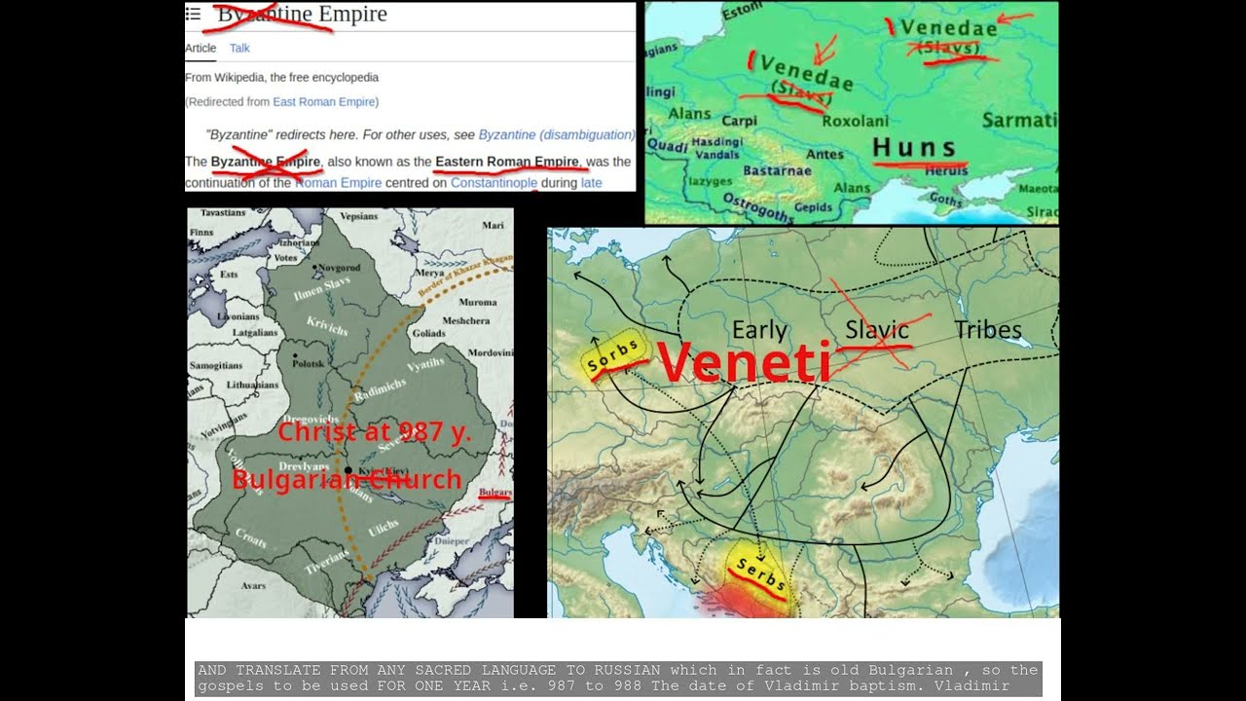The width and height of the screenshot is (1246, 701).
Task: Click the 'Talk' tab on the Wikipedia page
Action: point(239,48)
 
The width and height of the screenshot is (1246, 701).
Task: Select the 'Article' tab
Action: point(201,48)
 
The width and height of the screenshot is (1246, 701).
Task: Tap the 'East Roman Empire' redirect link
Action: point(325,101)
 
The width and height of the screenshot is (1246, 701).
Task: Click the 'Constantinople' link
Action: point(494,182)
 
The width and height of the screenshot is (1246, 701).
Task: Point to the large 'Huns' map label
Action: point(914,148)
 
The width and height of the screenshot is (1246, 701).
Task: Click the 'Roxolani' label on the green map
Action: point(856,122)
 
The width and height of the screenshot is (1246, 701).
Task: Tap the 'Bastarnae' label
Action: point(778,170)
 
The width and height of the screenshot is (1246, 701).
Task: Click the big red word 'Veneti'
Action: point(744,361)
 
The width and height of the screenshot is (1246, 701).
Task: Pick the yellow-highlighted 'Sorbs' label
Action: point(613,357)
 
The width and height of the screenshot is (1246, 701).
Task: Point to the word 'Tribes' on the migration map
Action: point(987,330)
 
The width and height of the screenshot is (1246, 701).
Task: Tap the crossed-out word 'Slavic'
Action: point(876,330)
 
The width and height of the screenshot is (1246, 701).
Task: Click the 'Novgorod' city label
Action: point(341,266)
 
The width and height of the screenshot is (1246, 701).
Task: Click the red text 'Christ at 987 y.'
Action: point(374,431)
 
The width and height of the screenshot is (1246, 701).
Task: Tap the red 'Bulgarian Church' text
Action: point(347,479)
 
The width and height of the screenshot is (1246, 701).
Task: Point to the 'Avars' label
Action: point(253,586)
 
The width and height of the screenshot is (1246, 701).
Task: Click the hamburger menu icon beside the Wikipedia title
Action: point(193,14)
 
